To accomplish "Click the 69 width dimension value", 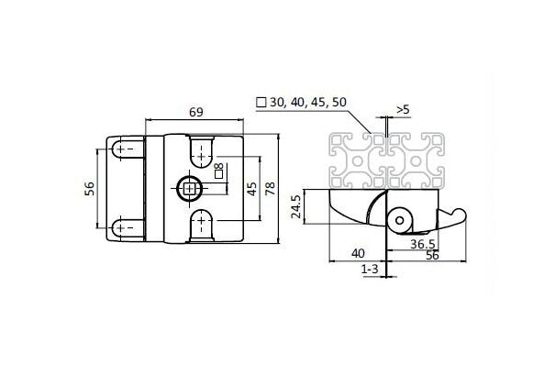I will pyautogui.click(x=195, y=112).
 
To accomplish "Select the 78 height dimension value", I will pyautogui.click(x=270, y=189).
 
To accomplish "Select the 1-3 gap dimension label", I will pyautogui.click(x=372, y=270).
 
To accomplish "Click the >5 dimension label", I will pyautogui.click(x=402, y=111).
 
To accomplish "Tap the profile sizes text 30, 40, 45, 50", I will pyautogui.click(x=302, y=103).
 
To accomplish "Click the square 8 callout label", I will pyautogui.click(x=218, y=170).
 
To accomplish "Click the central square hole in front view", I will pyautogui.click(x=188, y=189).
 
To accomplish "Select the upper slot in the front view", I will pyautogui.click(x=201, y=149).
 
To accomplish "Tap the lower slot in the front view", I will pyautogui.click(x=201, y=226).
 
